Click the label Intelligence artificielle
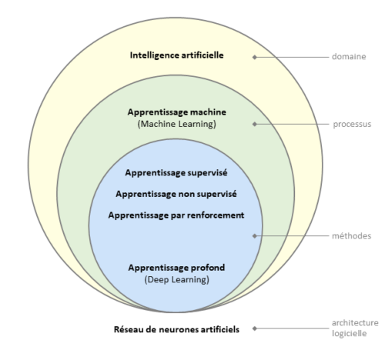(x=176, y=55)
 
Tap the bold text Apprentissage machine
(x=177, y=112)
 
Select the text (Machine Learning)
(x=177, y=124)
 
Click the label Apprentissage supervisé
(x=176, y=173)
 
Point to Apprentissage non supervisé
(x=176, y=194)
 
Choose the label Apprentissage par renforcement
(x=176, y=215)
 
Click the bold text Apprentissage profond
(x=176, y=268)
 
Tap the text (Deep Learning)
(x=176, y=280)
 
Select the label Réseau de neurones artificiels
(x=176, y=329)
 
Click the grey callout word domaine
(x=349, y=56)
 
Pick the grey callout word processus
(x=352, y=125)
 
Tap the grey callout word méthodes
(x=351, y=235)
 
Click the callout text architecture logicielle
(x=355, y=328)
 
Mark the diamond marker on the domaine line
(x=255, y=57)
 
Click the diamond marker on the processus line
(x=255, y=124)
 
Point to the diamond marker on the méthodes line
(x=255, y=236)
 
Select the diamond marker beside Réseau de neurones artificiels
(x=255, y=328)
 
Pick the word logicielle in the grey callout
(x=349, y=334)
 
